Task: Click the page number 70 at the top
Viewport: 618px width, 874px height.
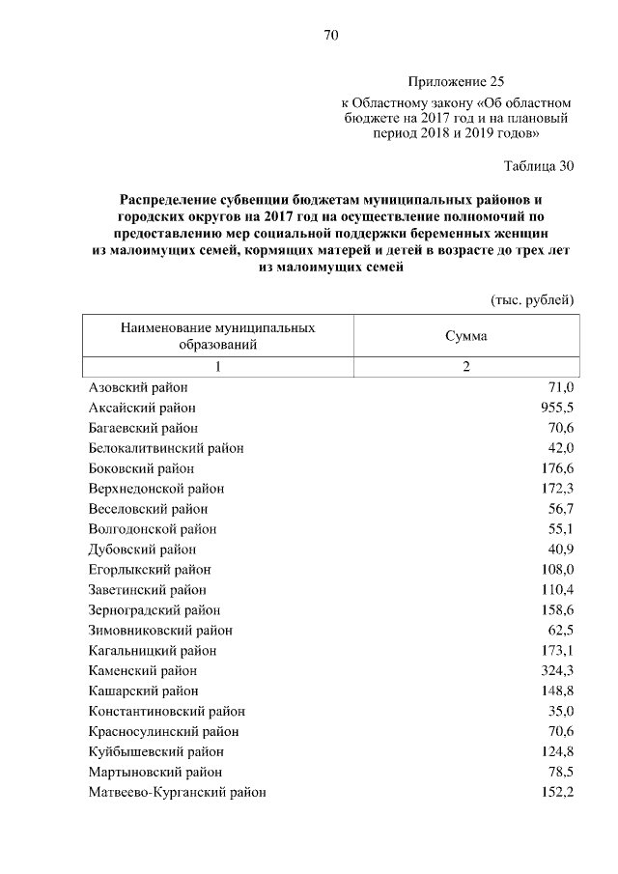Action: [x=329, y=36]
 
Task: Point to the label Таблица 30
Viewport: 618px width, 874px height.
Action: [x=540, y=165]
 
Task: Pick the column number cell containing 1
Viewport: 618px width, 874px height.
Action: [x=217, y=366]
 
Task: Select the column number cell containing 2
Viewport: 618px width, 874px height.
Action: [x=465, y=366]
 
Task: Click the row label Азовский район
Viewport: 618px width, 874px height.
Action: [x=137, y=387]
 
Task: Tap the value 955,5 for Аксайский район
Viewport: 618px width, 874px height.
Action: [x=557, y=408]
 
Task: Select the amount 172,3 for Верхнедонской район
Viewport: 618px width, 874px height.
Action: [x=557, y=489]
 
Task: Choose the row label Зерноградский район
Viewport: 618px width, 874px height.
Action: [x=154, y=610]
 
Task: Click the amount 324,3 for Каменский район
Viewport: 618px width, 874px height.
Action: [x=557, y=670]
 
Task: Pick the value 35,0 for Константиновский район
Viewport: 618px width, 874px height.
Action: [x=560, y=711]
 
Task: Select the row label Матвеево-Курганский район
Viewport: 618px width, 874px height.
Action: [x=177, y=792]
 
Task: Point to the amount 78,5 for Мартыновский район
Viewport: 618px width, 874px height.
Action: [x=560, y=772]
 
